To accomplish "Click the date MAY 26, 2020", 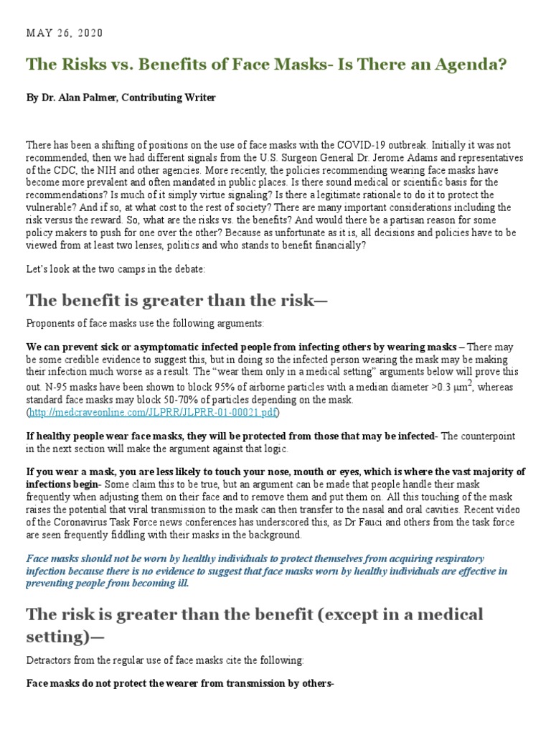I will click(x=65, y=33).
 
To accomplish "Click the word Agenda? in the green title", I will click(x=470, y=65).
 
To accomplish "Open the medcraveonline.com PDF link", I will click(x=153, y=413).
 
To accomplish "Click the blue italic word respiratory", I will click(x=455, y=558).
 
